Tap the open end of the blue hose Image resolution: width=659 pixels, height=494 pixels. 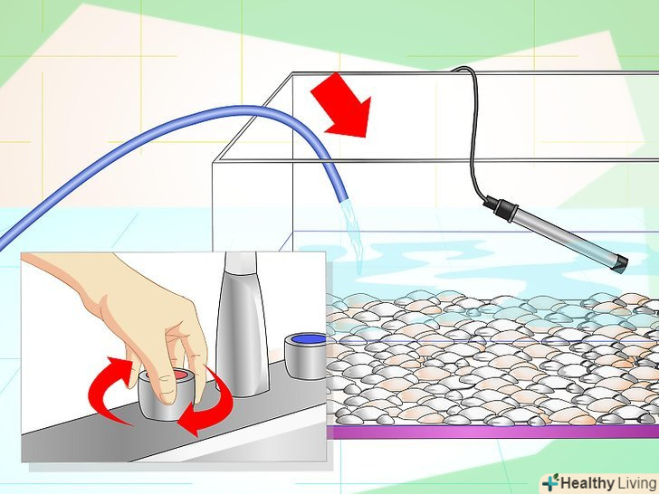coord(343,197)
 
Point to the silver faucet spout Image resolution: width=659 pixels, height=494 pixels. coord(243,324)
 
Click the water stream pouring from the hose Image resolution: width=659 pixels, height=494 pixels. coord(354,235)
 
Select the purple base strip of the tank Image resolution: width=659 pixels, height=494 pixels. coord(492,432)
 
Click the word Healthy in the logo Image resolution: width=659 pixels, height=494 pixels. coord(587,482)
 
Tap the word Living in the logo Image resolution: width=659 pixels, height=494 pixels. coord(636,482)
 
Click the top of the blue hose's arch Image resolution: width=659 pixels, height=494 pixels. coord(235,110)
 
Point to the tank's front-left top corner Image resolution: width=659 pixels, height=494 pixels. coord(213,161)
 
